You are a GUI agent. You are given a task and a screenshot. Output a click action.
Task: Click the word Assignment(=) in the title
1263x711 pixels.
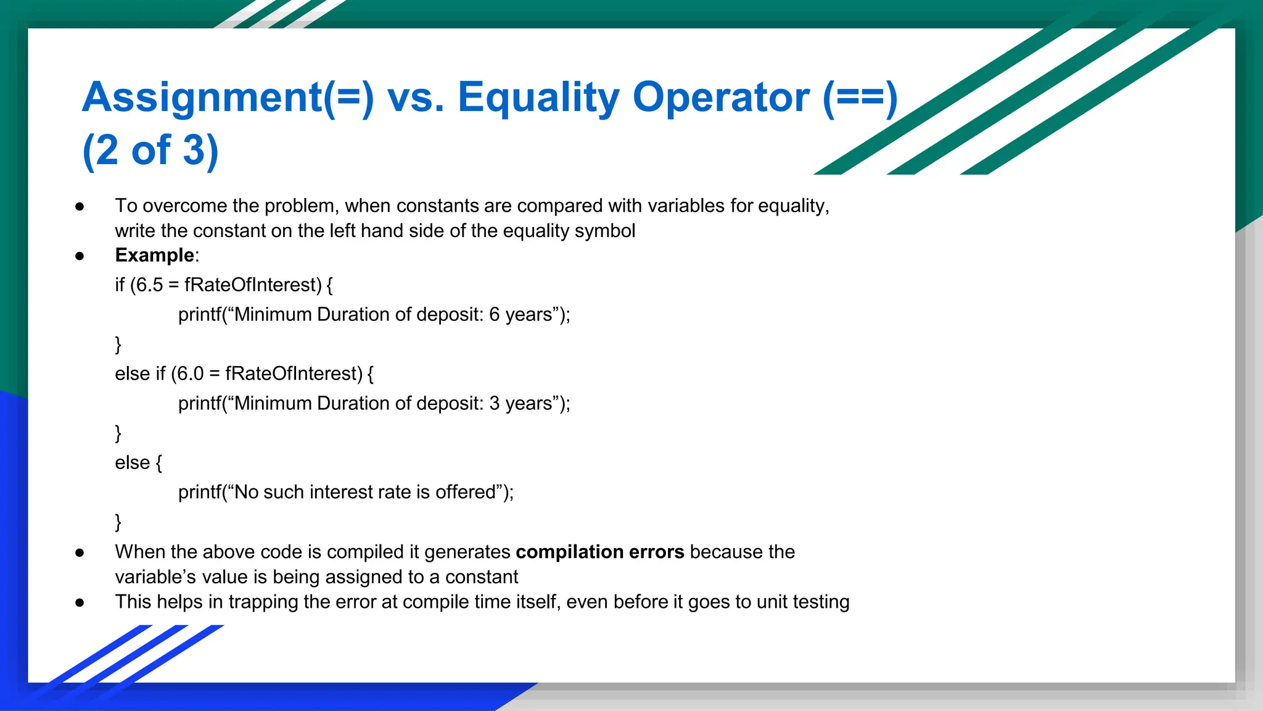[228, 98]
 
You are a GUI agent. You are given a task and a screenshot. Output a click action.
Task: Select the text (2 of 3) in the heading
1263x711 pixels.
[150, 150]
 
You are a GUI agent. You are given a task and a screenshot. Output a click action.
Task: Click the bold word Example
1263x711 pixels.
[155, 255]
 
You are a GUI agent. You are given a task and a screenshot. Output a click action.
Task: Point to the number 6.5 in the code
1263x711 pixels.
[149, 285]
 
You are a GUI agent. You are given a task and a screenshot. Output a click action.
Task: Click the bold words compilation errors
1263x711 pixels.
[599, 551]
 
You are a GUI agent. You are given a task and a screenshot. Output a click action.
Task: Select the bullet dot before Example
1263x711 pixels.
[80, 256]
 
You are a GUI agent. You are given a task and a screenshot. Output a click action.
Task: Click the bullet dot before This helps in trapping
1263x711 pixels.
[80, 602]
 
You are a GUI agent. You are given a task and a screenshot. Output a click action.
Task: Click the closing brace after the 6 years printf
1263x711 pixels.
[118, 344]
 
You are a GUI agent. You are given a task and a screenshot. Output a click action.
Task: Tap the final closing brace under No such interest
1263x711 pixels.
[118, 522]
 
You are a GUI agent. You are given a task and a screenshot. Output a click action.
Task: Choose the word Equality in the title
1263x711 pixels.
[538, 98]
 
